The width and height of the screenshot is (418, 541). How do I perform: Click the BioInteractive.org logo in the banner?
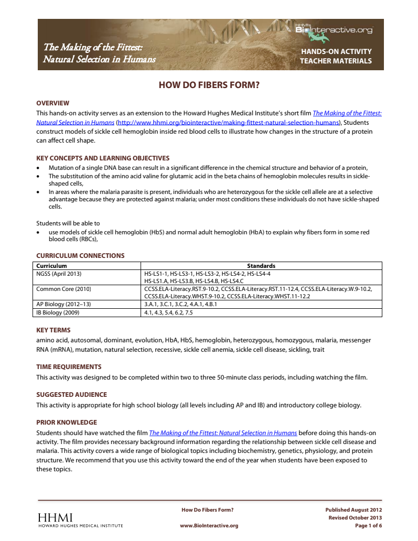click(x=334, y=30)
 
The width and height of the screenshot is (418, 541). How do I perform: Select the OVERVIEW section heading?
click(x=52, y=103)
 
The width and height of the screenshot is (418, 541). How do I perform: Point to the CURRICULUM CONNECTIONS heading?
click(x=80, y=256)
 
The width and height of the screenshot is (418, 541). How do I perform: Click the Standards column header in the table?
click(x=261, y=266)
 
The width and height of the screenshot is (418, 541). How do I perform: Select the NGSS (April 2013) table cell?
click(x=59, y=274)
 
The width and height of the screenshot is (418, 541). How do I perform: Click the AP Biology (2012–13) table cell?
click(x=63, y=304)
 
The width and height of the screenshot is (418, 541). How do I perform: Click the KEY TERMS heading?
click(x=53, y=330)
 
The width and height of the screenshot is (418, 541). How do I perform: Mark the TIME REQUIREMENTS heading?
click(x=69, y=367)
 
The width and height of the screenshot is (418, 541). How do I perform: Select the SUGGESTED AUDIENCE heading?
click(x=71, y=395)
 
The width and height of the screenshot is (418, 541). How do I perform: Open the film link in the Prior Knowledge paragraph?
click(x=223, y=433)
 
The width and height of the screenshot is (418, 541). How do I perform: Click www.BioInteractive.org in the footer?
click(x=209, y=526)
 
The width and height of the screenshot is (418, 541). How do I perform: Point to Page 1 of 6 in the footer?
click(x=368, y=526)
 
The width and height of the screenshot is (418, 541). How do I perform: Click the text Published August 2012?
click(x=353, y=510)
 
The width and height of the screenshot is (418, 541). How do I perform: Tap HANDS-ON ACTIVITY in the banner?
click(x=336, y=51)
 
